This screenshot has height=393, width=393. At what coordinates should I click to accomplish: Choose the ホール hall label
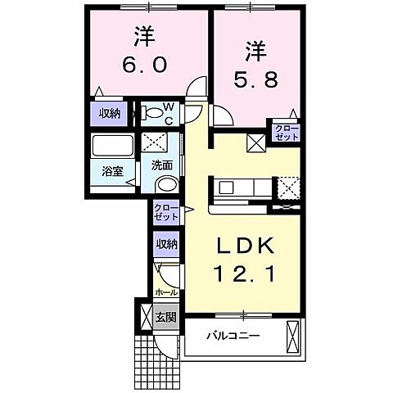click(x=167, y=291)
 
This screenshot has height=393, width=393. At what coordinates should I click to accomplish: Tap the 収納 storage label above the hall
click(x=166, y=244)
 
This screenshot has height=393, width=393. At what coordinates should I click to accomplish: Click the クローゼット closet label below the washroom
click(x=166, y=213)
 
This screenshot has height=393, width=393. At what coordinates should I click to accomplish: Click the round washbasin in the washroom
click(x=165, y=185)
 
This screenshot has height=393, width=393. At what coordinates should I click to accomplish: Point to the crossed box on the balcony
click(x=293, y=337)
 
